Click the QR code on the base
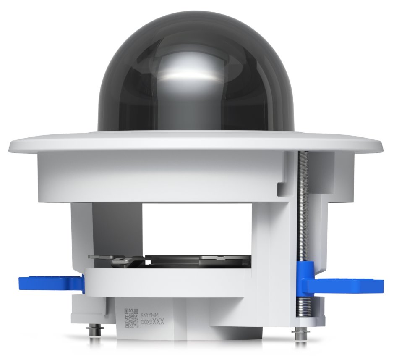pyautogui.click(x=131, y=318)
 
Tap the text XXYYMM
pyautogui.click(x=150, y=314)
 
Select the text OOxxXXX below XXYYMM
pyautogui.click(x=151, y=322)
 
